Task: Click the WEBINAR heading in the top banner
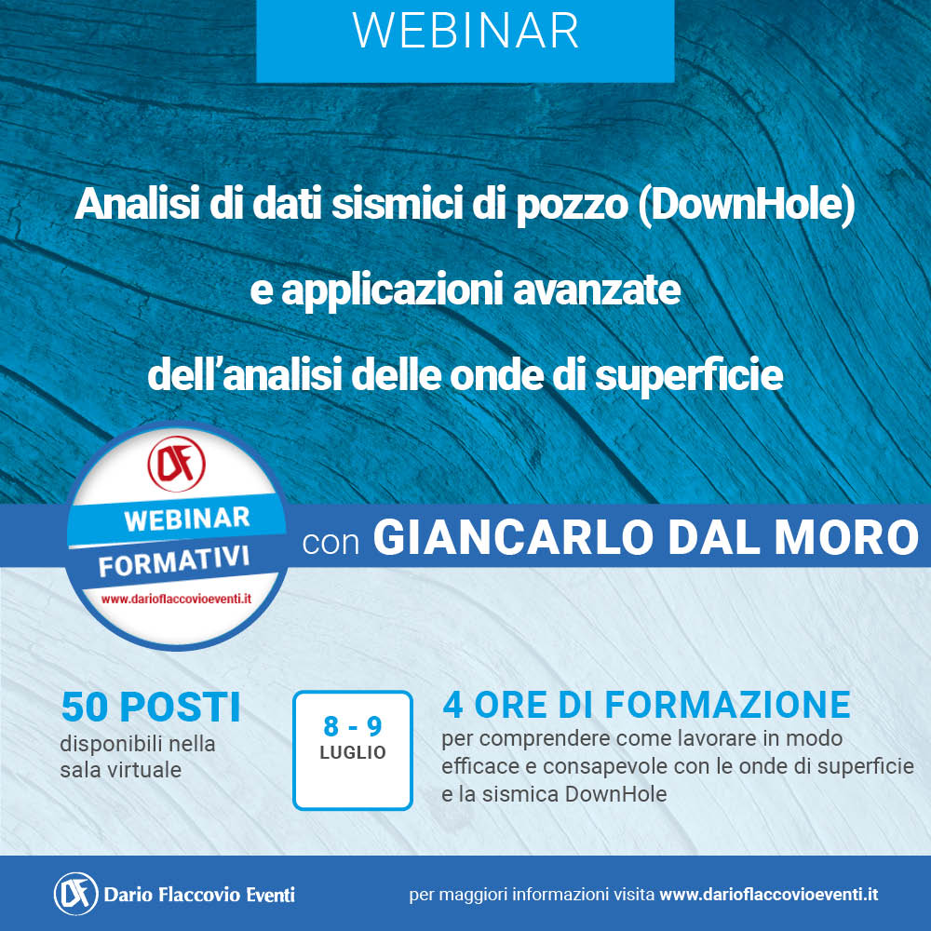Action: (465, 31)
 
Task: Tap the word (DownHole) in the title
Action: (747, 205)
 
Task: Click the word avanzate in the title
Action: (596, 290)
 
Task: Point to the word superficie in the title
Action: (689, 376)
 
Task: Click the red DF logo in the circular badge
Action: (176, 464)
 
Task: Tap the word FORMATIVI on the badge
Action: (174, 561)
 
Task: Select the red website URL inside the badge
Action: (176, 599)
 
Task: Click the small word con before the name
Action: (331, 543)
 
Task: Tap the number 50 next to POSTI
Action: (85, 708)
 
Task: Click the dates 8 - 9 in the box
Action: (353, 726)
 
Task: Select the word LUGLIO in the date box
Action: (353, 752)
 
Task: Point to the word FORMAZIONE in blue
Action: (727, 705)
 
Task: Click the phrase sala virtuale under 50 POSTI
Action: (120, 770)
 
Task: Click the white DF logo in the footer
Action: (76, 894)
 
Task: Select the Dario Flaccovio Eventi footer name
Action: (199, 895)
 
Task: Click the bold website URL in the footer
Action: (769, 895)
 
